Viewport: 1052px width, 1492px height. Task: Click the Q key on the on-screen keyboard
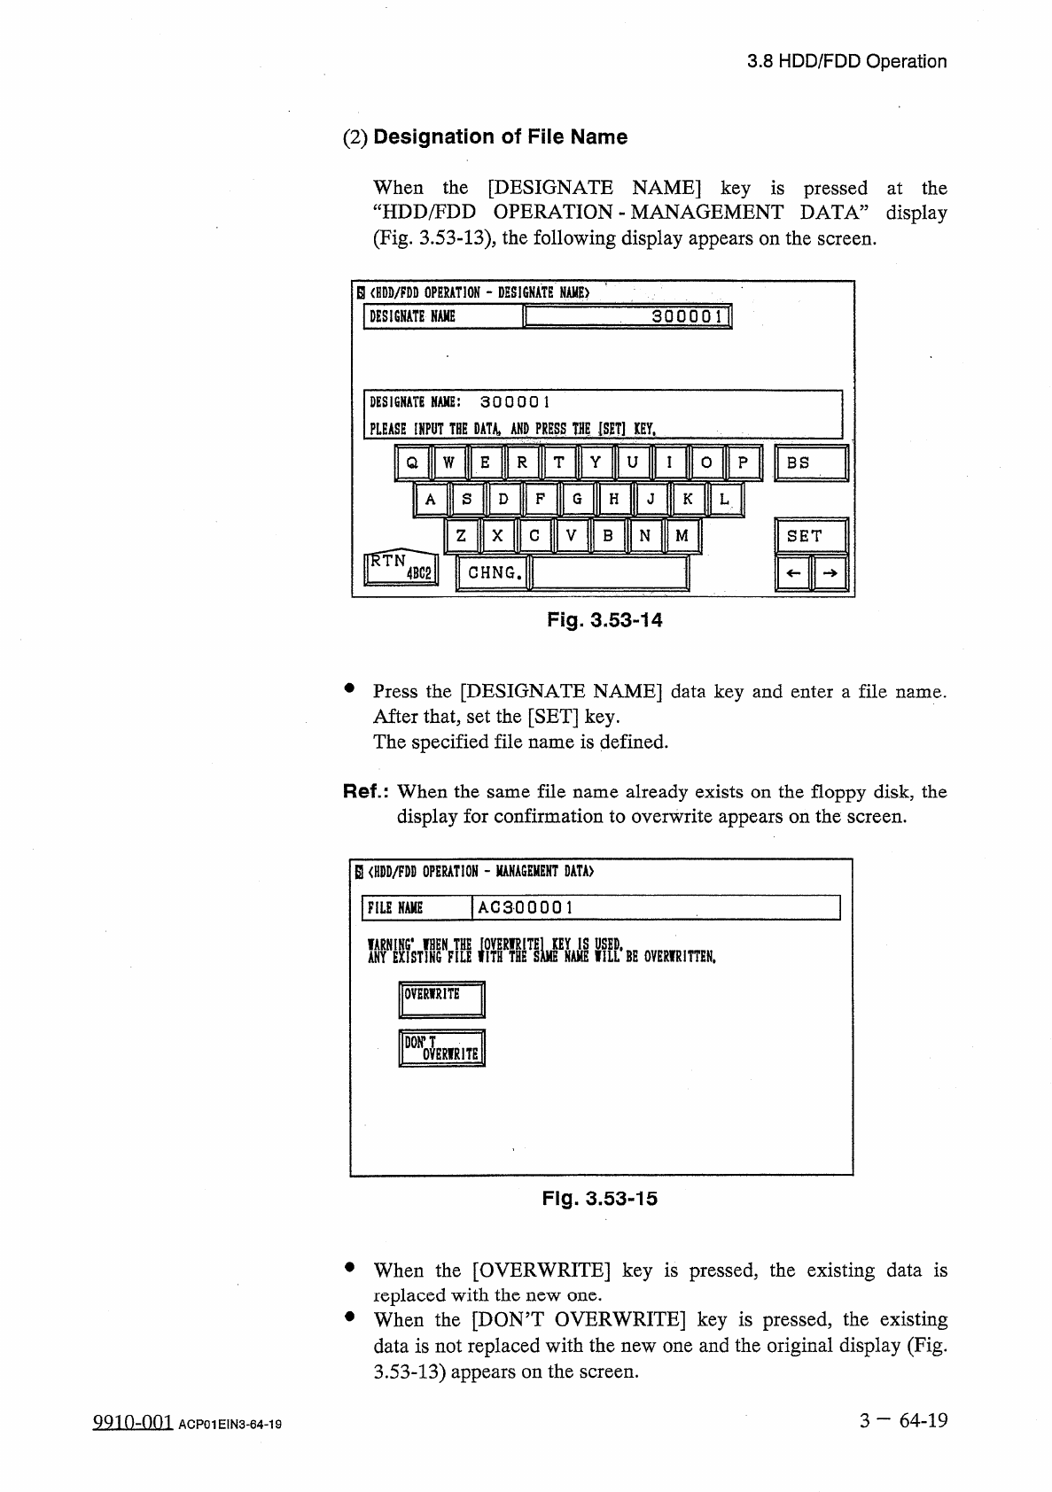click(412, 462)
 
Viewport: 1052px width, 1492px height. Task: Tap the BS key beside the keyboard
click(811, 462)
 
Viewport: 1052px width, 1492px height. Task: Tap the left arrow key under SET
click(794, 573)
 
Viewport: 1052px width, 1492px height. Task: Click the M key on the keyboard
click(682, 536)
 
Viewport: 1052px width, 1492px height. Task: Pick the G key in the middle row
click(577, 500)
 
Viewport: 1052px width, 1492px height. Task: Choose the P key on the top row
click(743, 462)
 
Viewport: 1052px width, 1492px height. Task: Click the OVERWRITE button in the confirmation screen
click(442, 1000)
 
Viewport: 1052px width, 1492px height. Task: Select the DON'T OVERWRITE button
click(442, 1049)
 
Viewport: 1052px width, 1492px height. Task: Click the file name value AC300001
click(526, 907)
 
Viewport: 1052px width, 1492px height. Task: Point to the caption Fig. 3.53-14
click(604, 620)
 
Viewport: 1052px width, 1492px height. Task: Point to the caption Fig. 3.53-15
click(600, 1200)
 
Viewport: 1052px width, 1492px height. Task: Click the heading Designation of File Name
click(500, 137)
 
